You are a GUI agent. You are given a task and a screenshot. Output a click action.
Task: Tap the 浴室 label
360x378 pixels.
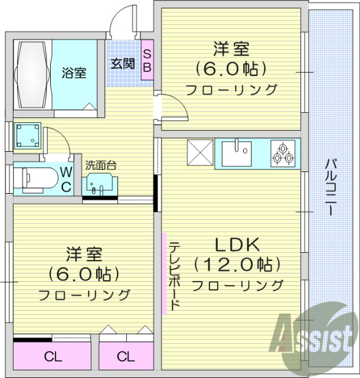[75, 73]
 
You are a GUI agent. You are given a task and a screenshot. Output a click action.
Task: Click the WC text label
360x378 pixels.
[66, 180]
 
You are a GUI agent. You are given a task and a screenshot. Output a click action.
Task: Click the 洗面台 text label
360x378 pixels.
[100, 165]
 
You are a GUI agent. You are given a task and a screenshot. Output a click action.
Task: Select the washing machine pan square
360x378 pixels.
[28, 136]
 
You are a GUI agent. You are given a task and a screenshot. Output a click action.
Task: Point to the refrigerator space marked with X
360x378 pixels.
[199, 154]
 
